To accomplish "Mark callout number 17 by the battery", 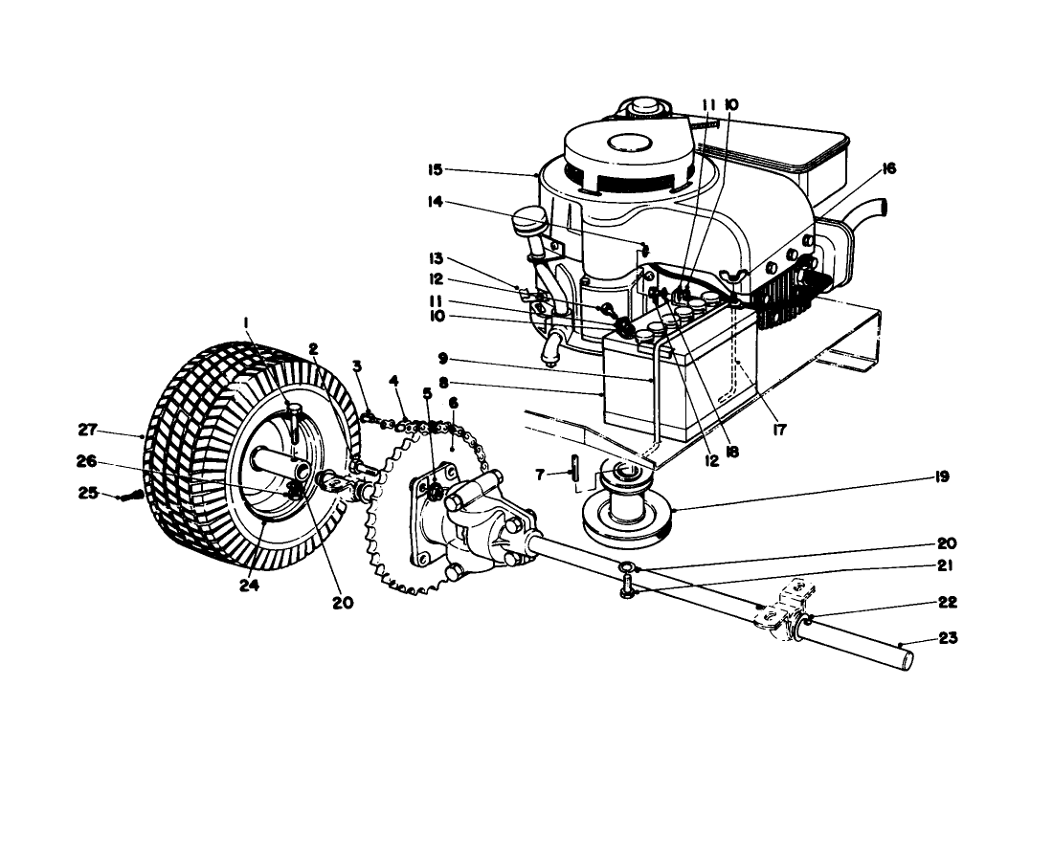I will [x=779, y=431].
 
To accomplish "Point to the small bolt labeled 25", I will [x=133, y=495].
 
